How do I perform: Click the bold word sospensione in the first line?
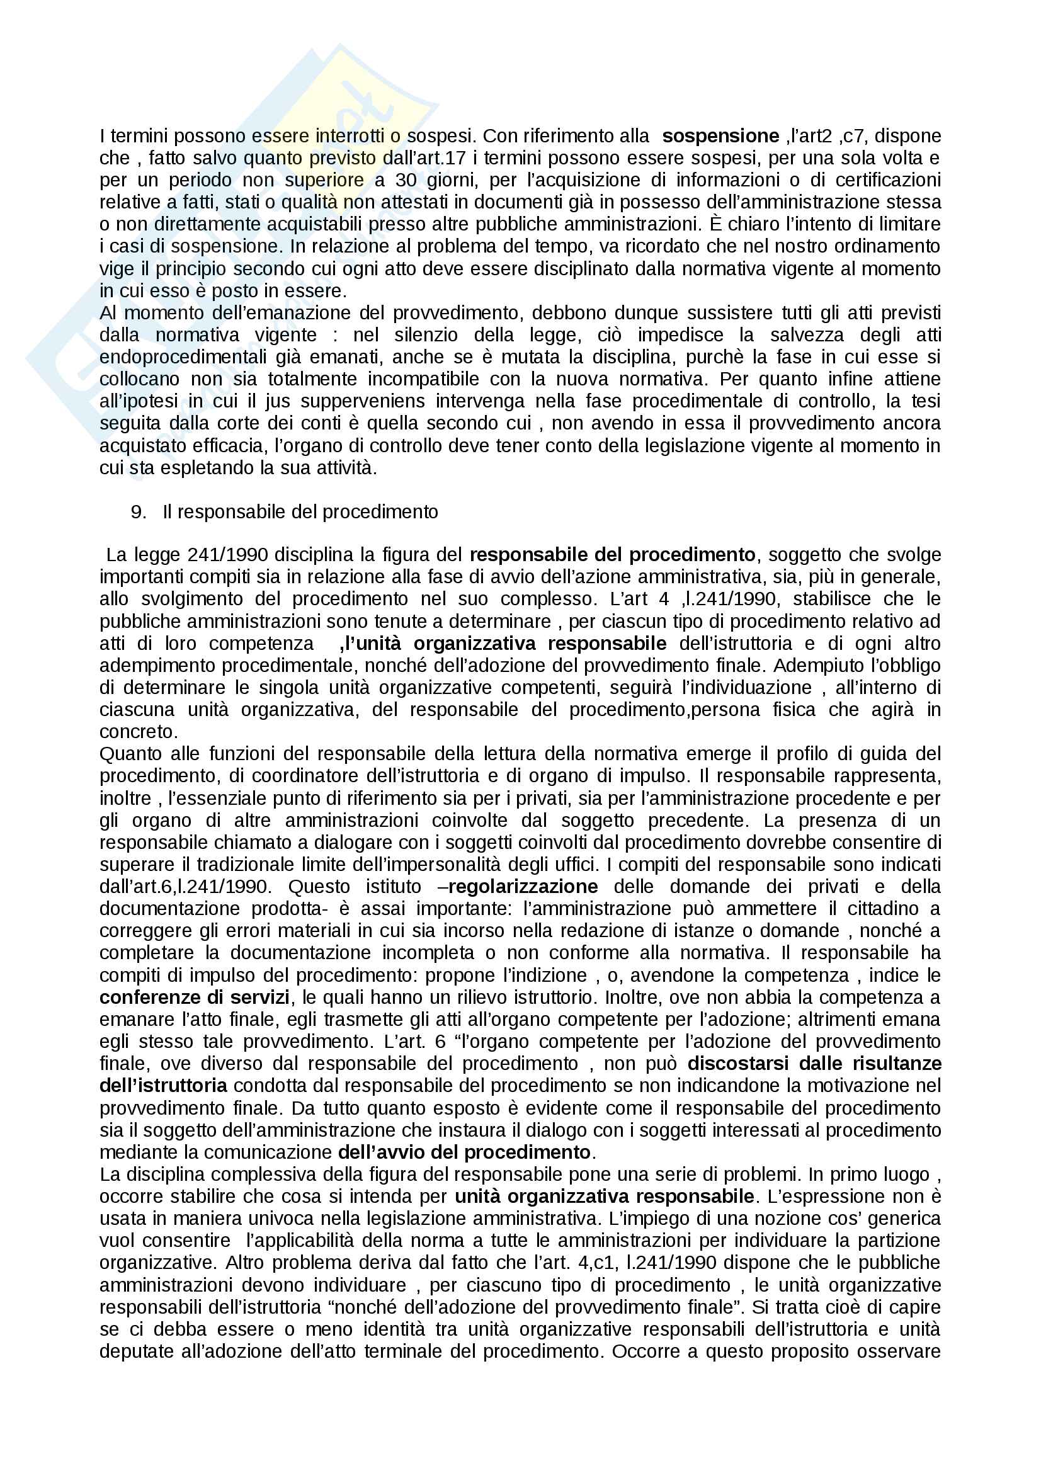click(x=720, y=136)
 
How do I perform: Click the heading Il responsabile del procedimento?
click(x=300, y=511)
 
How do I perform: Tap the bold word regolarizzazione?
click(x=523, y=887)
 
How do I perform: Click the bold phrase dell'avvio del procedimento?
click(x=464, y=1152)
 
